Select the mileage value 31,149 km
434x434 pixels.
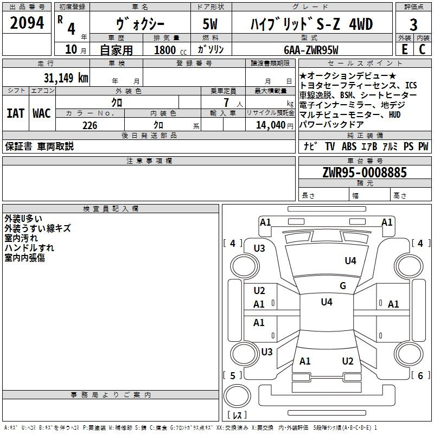(66, 78)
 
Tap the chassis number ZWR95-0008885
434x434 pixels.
(365, 173)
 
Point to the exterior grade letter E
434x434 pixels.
(404, 49)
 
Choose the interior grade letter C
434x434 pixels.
(423, 49)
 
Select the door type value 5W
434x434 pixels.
(211, 24)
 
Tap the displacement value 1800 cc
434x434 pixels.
(168, 50)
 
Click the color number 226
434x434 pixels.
(90, 125)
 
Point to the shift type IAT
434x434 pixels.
(15, 113)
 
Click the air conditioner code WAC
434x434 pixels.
(41, 113)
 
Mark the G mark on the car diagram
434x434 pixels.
(342, 285)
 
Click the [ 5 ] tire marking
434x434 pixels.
(233, 375)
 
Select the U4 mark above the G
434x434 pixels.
(350, 261)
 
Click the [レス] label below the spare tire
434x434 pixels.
(237, 415)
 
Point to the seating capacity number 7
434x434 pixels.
(225, 103)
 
